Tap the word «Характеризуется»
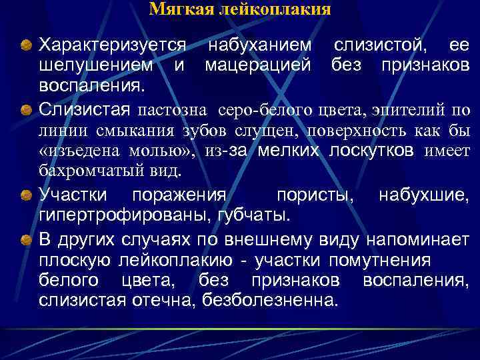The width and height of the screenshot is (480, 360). [112, 45]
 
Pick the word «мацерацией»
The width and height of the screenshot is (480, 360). [258, 66]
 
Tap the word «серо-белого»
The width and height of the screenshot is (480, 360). [263, 109]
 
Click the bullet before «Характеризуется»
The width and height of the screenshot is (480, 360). [25, 46]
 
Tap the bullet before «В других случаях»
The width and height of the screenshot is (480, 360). [25, 239]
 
